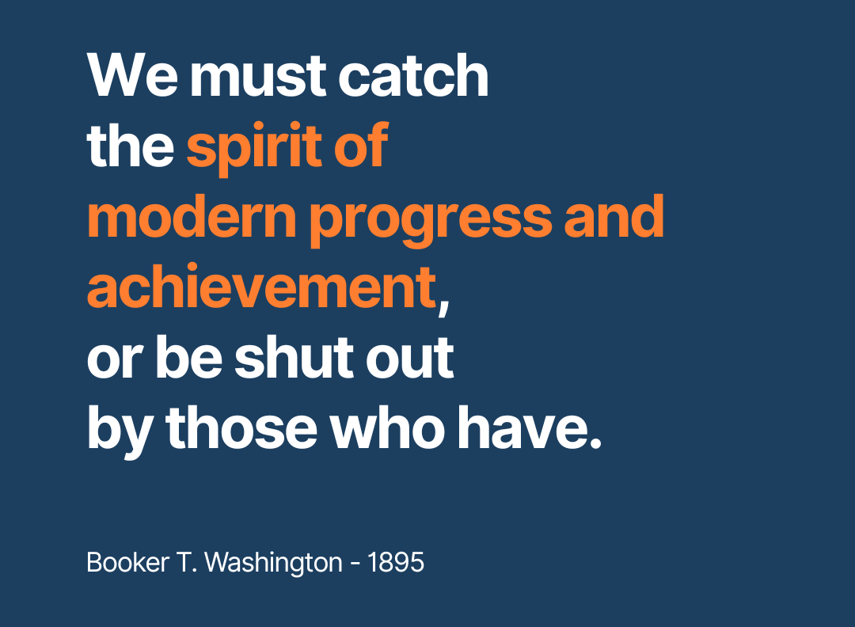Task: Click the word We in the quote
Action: pos(132,75)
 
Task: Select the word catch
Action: pos(414,75)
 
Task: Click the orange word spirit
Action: pos(253,147)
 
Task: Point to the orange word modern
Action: pos(192,218)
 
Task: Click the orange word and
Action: pos(614,216)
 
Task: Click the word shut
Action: pos(294,358)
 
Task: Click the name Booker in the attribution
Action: pos(128,562)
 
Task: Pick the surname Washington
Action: pos(273,564)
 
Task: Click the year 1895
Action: pos(397,562)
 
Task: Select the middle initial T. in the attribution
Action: pos(187,562)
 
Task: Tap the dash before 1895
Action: pos(355,564)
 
